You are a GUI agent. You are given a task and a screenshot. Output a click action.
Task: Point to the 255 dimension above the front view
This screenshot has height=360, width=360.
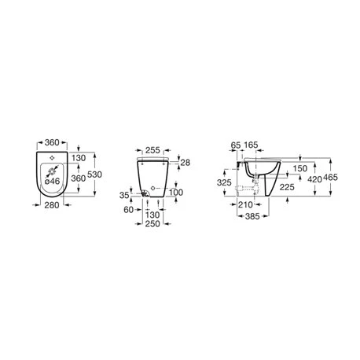coord(152,149)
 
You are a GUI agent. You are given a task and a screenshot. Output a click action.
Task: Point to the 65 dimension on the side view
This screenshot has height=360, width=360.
coord(236,145)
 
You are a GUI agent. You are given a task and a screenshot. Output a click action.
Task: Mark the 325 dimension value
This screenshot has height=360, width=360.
coord(225,182)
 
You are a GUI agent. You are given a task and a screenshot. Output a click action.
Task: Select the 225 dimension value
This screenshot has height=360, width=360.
coord(285,187)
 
